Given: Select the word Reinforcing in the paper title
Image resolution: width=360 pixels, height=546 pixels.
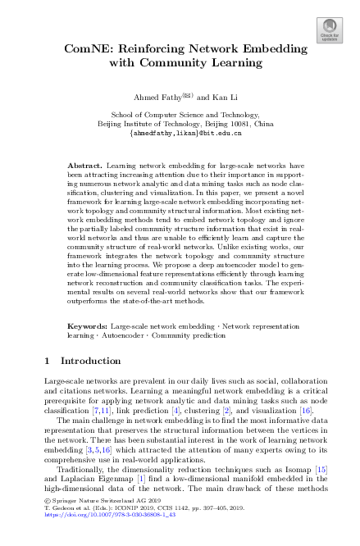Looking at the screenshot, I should [159, 49].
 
